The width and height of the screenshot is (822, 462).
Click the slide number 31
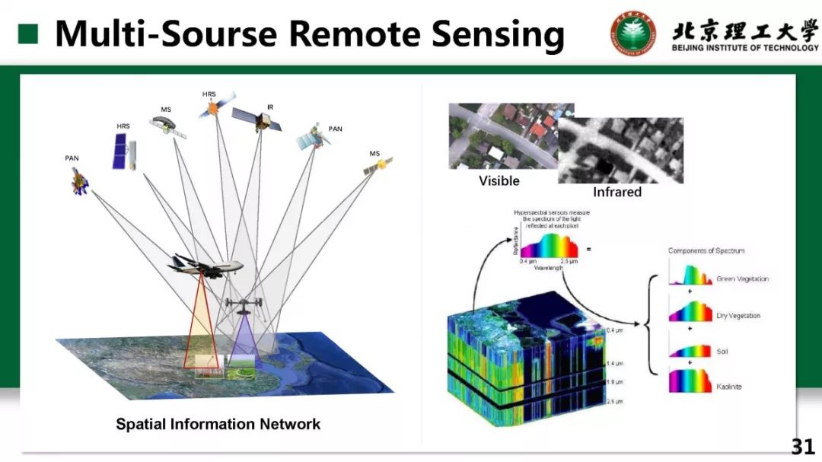(802, 446)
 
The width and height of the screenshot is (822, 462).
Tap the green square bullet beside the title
(28, 33)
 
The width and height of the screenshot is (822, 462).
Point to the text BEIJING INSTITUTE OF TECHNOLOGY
(745, 48)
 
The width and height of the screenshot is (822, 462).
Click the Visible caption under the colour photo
(499, 180)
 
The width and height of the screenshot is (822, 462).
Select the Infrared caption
(617, 192)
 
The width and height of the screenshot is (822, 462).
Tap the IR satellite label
(270, 107)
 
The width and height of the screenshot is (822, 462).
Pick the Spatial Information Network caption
(218, 424)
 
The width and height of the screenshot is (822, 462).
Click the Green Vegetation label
(742, 279)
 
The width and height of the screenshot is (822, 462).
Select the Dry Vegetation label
(738, 316)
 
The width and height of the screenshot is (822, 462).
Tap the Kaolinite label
(728, 387)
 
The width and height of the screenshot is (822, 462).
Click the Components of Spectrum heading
(706, 250)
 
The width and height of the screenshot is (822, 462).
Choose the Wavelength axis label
(549, 268)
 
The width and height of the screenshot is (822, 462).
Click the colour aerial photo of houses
(502, 137)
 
